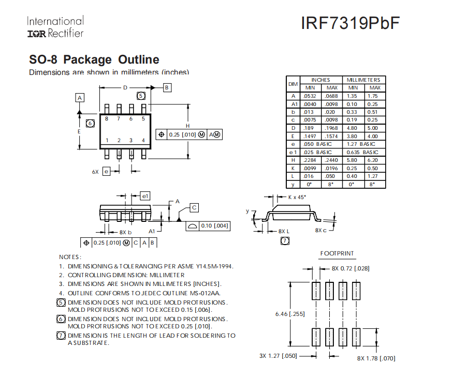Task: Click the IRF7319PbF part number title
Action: [x=350, y=24]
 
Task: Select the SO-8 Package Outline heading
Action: [x=94, y=59]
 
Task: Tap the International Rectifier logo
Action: [x=55, y=27]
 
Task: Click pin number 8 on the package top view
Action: [x=107, y=119]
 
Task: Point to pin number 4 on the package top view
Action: [x=143, y=140]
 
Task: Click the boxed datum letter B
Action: [x=167, y=88]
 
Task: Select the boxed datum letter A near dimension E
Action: [x=80, y=98]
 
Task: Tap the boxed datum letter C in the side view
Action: [x=194, y=207]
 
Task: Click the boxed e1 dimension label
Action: [x=145, y=196]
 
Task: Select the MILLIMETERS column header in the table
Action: [x=363, y=80]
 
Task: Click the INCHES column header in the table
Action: [x=321, y=80]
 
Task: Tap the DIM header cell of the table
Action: [x=293, y=84]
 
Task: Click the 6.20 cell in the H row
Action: [x=373, y=160]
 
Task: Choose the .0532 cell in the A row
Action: [x=310, y=96]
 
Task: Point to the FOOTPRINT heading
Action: [x=337, y=253]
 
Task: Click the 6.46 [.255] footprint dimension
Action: [x=290, y=313]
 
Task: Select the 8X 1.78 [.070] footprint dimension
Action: [x=376, y=358]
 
